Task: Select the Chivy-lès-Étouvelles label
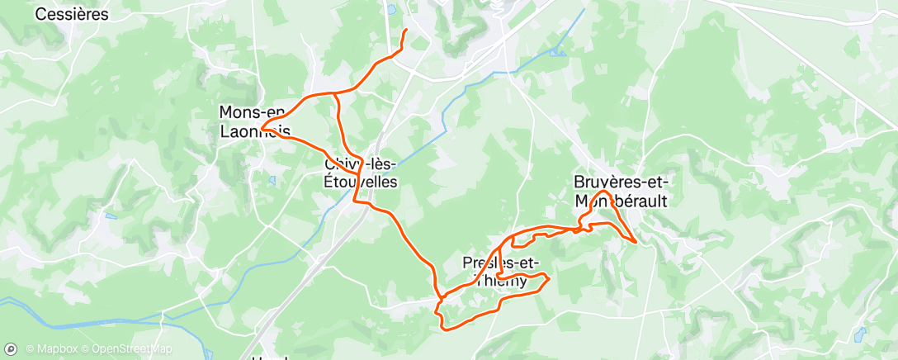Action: point(361,173)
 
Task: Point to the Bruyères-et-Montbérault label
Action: point(621,191)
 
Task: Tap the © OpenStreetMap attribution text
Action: point(121,349)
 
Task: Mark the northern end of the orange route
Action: point(405,31)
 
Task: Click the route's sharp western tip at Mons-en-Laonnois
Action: point(262,128)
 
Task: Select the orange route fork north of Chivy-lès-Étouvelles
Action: point(335,93)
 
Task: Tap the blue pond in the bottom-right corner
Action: point(861,334)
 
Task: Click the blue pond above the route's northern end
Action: point(391,11)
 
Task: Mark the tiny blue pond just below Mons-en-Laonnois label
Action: point(272,179)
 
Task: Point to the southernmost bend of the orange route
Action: point(447,329)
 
